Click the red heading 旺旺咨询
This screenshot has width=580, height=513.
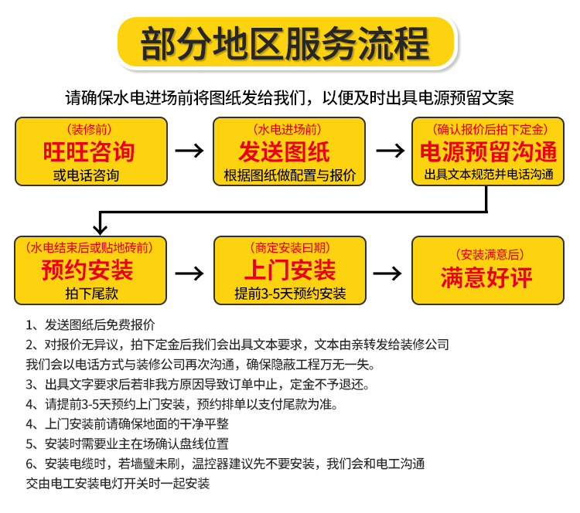89,151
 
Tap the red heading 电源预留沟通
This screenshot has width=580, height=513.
488,150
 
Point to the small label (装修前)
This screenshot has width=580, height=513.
88,128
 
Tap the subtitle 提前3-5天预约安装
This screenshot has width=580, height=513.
290,294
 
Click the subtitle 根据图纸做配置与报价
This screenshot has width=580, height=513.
289,175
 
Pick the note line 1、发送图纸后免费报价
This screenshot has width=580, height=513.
90,325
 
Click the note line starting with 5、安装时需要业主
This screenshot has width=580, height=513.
127,443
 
